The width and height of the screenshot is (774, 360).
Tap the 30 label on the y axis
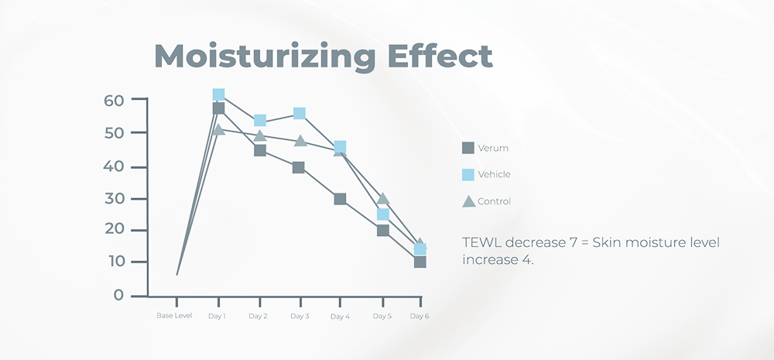pyautogui.click(x=114, y=199)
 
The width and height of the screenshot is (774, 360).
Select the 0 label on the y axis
pyautogui.click(x=118, y=295)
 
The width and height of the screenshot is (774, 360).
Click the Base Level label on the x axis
pyautogui.click(x=174, y=317)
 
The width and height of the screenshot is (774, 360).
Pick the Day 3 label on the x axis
pyautogui.click(x=300, y=317)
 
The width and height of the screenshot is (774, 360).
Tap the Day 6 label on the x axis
pyautogui.click(x=420, y=317)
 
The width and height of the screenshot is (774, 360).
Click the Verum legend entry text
pyautogui.click(x=493, y=148)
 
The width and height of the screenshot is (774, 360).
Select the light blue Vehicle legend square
pyautogui.click(x=468, y=174)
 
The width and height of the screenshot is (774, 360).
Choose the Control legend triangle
pyautogui.click(x=468, y=201)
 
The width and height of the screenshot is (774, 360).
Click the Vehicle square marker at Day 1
pyautogui.click(x=218, y=95)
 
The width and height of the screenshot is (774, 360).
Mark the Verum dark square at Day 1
pyautogui.click(x=218, y=108)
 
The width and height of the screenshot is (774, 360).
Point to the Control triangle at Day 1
pyautogui.click(x=218, y=129)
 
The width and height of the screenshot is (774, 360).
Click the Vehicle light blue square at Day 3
pyautogui.click(x=300, y=114)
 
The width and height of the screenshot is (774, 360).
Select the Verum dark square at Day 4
pyautogui.click(x=340, y=199)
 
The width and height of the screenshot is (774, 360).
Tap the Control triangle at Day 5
pyautogui.click(x=382, y=199)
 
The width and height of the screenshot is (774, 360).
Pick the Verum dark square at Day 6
pyautogui.click(x=420, y=262)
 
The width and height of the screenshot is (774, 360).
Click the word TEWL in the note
pyautogui.click(x=480, y=243)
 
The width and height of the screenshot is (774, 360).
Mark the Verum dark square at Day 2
pyautogui.click(x=260, y=150)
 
